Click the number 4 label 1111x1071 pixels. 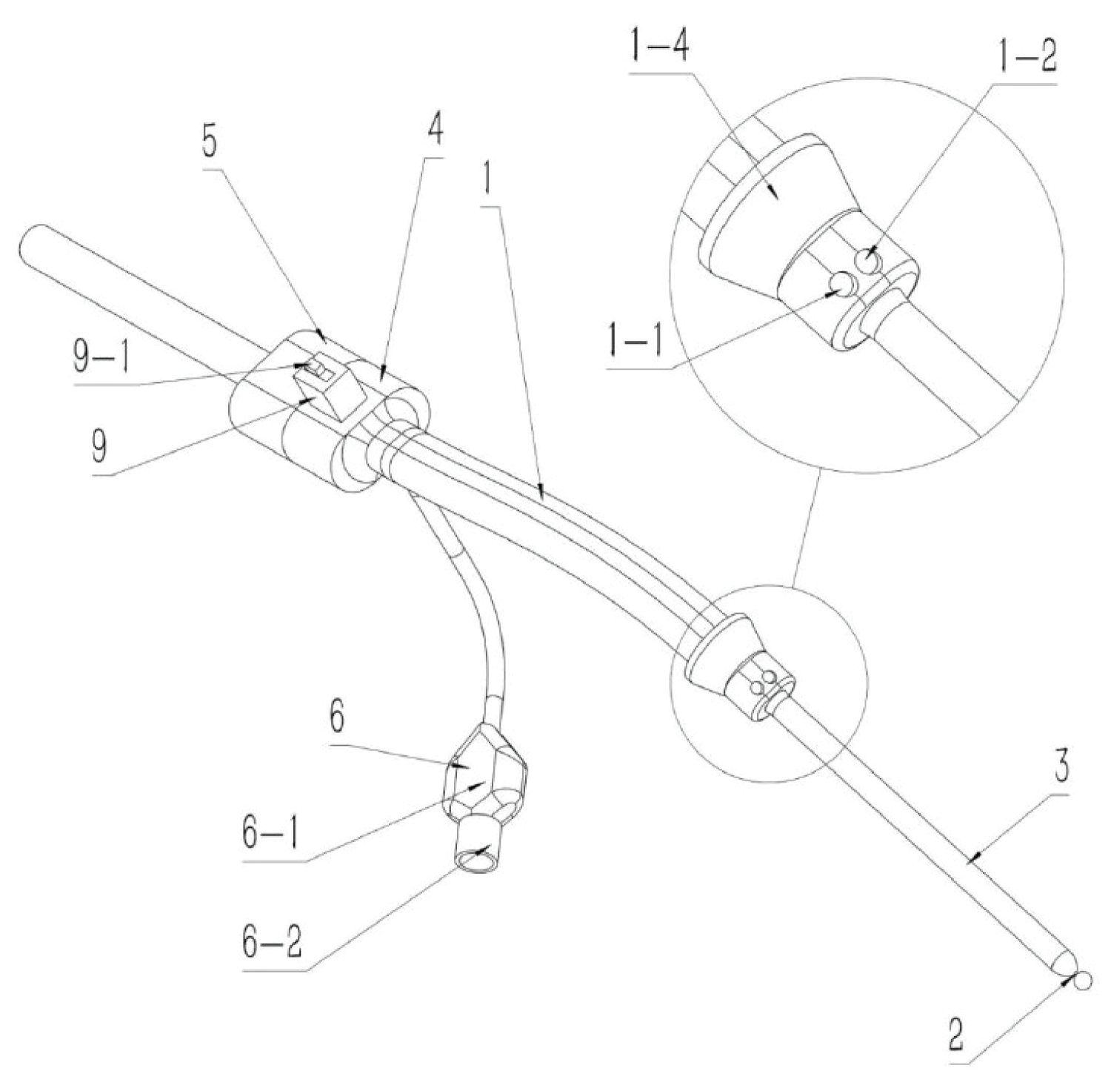pos(436,130)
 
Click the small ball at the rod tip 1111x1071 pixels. pos(1081,980)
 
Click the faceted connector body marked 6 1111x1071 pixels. pos(485,775)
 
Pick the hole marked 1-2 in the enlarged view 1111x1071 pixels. pos(867,259)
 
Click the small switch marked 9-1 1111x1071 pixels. pos(315,368)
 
